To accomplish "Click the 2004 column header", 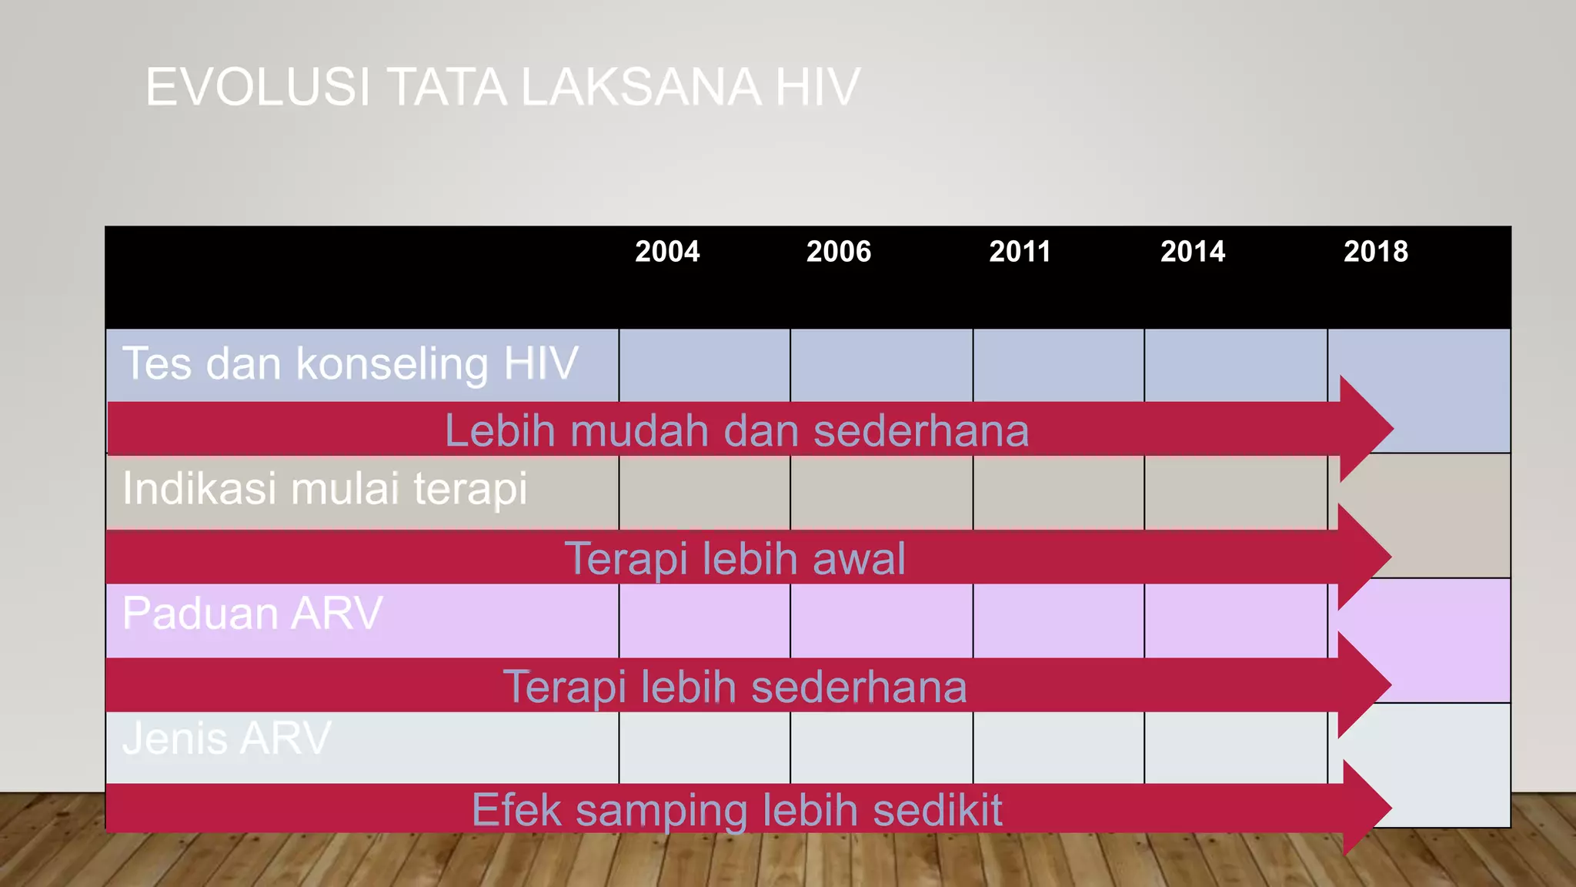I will pos(667,252).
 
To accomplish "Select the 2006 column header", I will pos(839,252).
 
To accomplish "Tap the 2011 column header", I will pos(1020,252).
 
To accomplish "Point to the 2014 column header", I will pos(1193,252).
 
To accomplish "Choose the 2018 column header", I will pos(1376,252).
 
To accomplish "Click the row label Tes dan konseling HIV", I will pos(350,363).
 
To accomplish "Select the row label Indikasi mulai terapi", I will pos(325,488).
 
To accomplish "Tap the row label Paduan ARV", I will pos(252,614).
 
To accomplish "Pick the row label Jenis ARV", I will pos(226,738).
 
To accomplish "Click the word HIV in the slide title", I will pos(817,87).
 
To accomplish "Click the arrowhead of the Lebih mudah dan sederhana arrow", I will pos(1366,428).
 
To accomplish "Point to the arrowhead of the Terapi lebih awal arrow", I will pos(1364,556).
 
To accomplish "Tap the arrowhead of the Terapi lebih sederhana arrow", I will pos(1364,684).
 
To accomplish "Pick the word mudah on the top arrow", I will pos(639,430).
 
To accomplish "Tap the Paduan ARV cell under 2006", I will pos(881,621).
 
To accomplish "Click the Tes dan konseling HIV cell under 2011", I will pos(1058,365).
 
